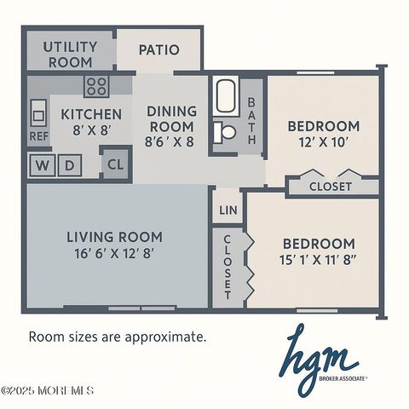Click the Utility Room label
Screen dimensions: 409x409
(x=70, y=55)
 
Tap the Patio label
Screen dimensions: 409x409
(x=159, y=49)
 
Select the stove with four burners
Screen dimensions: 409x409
(x=96, y=86)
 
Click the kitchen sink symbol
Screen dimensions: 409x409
(x=38, y=112)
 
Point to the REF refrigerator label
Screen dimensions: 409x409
(x=39, y=135)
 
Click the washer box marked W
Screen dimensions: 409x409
(x=42, y=164)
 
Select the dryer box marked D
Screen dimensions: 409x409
(x=72, y=164)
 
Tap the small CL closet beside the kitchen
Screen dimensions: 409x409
(x=113, y=164)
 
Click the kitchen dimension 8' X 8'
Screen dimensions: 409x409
(x=91, y=132)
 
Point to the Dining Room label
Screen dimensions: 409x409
(x=171, y=118)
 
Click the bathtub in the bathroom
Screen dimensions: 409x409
(x=228, y=97)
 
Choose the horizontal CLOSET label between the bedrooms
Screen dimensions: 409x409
(x=330, y=187)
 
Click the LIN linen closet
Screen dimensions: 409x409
(x=228, y=210)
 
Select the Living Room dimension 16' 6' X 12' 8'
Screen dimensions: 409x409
(x=114, y=253)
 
